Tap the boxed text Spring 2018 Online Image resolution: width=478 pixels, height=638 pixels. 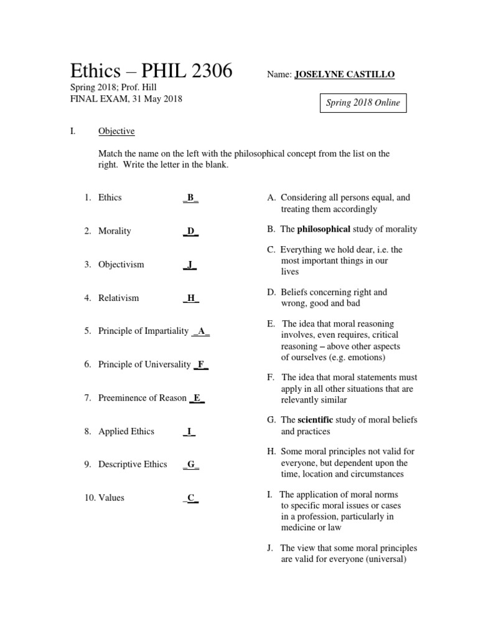coord(363,103)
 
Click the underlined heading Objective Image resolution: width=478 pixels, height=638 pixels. coord(116,131)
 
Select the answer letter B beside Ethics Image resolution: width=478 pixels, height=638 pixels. coord(191,198)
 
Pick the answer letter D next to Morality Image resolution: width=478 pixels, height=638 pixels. coord(191,232)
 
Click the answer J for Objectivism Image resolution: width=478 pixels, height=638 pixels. coord(190,265)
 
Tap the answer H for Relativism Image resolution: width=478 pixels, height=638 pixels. coord(191,298)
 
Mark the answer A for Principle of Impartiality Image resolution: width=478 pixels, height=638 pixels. coord(201,331)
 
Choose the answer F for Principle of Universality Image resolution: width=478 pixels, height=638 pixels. coord(201,364)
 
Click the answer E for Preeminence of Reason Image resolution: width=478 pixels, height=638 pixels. coord(197,398)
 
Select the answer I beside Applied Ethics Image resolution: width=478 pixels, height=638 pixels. coord(189,431)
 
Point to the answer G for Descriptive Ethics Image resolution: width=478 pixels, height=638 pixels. coord(191,465)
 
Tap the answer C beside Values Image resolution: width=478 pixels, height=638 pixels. coord(191,498)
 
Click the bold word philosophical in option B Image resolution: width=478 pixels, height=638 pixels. coord(324,229)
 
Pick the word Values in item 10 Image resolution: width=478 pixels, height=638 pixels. coord(112,498)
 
